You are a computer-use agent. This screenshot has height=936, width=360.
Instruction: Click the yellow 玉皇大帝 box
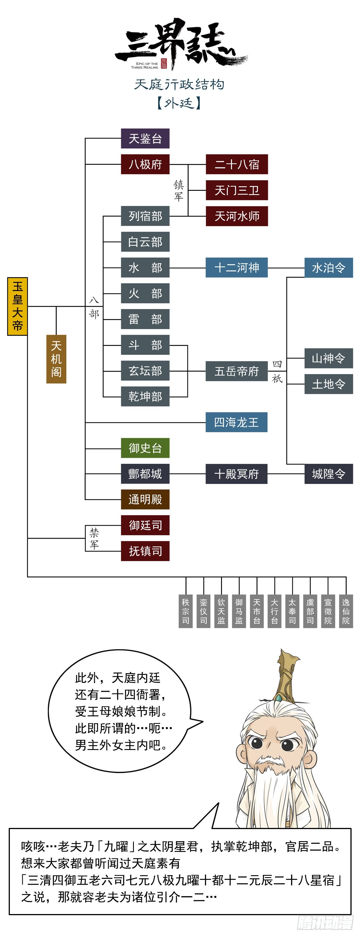click(17, 306)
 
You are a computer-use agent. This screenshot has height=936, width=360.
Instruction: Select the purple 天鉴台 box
click(145, 138)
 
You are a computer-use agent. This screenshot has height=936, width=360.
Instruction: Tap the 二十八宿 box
click(237, 164)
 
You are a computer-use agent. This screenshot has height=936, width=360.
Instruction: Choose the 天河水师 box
click(237, 216)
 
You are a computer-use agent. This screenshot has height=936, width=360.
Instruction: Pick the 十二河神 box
click(237, 268)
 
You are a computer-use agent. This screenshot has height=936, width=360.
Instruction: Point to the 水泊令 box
click(328, 268)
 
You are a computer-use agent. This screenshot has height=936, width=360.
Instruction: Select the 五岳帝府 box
click(237, 371)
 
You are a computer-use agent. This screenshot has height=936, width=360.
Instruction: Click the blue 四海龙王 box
click(237, 422)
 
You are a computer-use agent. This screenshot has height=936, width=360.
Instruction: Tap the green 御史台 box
click(145, 448)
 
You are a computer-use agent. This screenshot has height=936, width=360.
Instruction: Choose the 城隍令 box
click(328, 474)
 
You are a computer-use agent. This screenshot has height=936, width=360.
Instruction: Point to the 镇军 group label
click(178, 191)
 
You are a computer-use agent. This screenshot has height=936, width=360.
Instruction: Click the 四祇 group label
click(277, 371)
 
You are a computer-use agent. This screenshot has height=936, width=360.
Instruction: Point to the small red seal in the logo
click(164, 63)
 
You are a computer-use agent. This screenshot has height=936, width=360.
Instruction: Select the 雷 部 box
click(145, 319)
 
